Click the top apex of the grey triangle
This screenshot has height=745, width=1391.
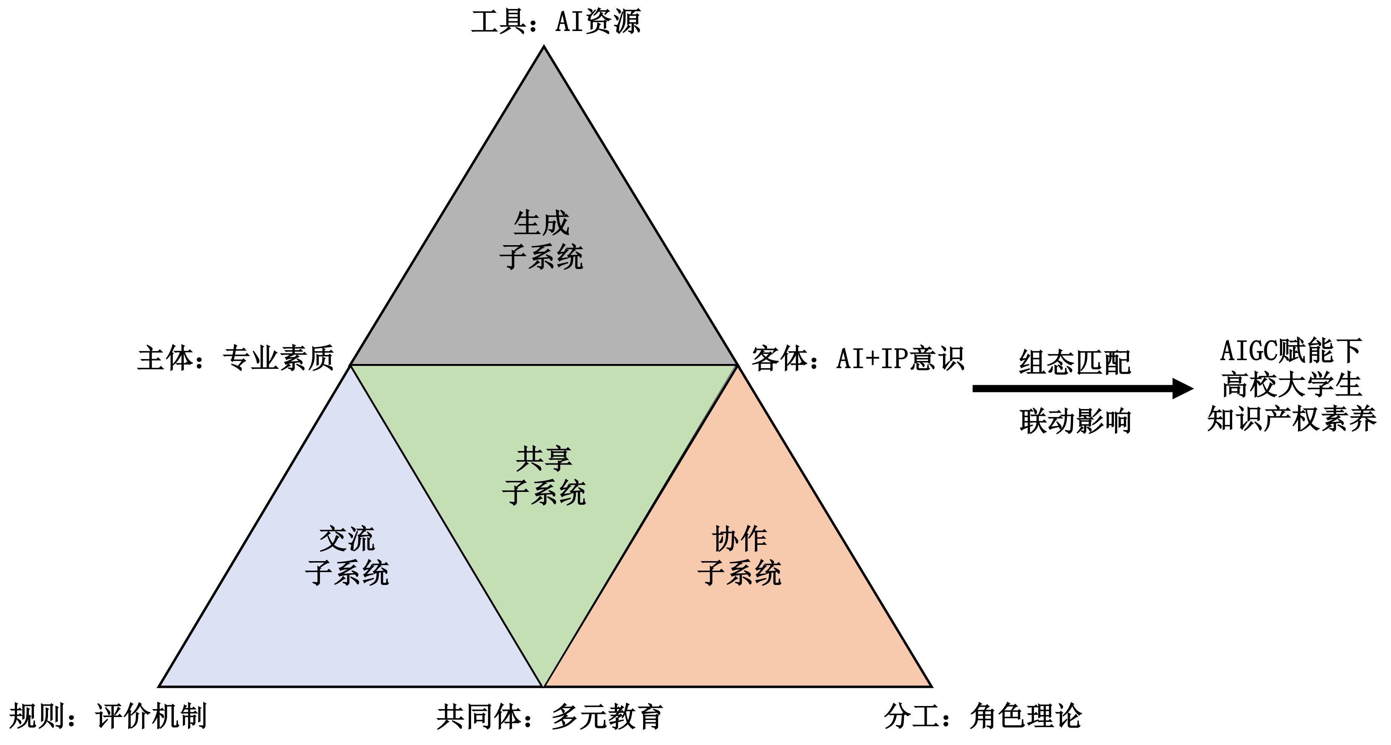click(544, 47)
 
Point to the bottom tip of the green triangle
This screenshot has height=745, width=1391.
click(544, 686)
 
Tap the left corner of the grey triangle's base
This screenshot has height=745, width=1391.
click(351, 365)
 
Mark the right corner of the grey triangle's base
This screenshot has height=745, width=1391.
click(737, 365)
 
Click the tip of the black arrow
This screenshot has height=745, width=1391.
click(1193, 388)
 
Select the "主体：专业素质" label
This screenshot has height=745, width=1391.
click(236, 358)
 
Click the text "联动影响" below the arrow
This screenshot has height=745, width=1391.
click(1075, 421)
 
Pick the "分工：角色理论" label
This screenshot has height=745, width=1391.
click(983, 716)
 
